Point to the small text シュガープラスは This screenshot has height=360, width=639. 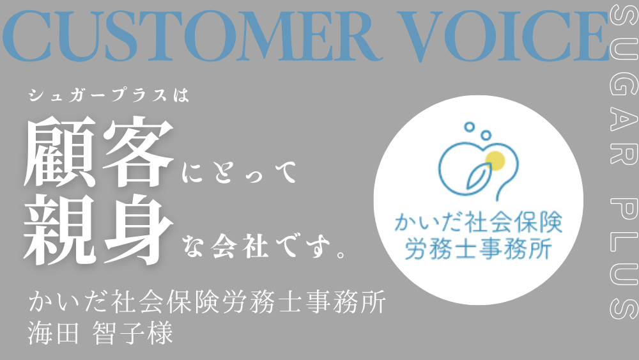[109, 95]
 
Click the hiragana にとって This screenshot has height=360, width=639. [239, 173]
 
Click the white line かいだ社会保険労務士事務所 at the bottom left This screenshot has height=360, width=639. [207, 302]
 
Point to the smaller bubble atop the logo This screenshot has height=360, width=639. [470, 127]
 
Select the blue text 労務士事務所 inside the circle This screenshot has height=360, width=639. [479, 247]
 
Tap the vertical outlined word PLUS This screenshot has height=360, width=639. [624, 258]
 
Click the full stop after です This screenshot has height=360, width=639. [341, 254]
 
